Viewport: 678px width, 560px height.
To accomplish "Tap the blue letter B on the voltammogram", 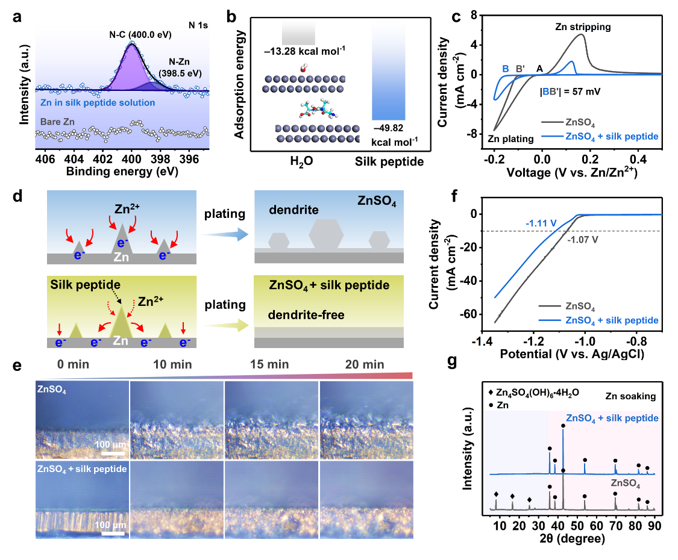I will (506, 68).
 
